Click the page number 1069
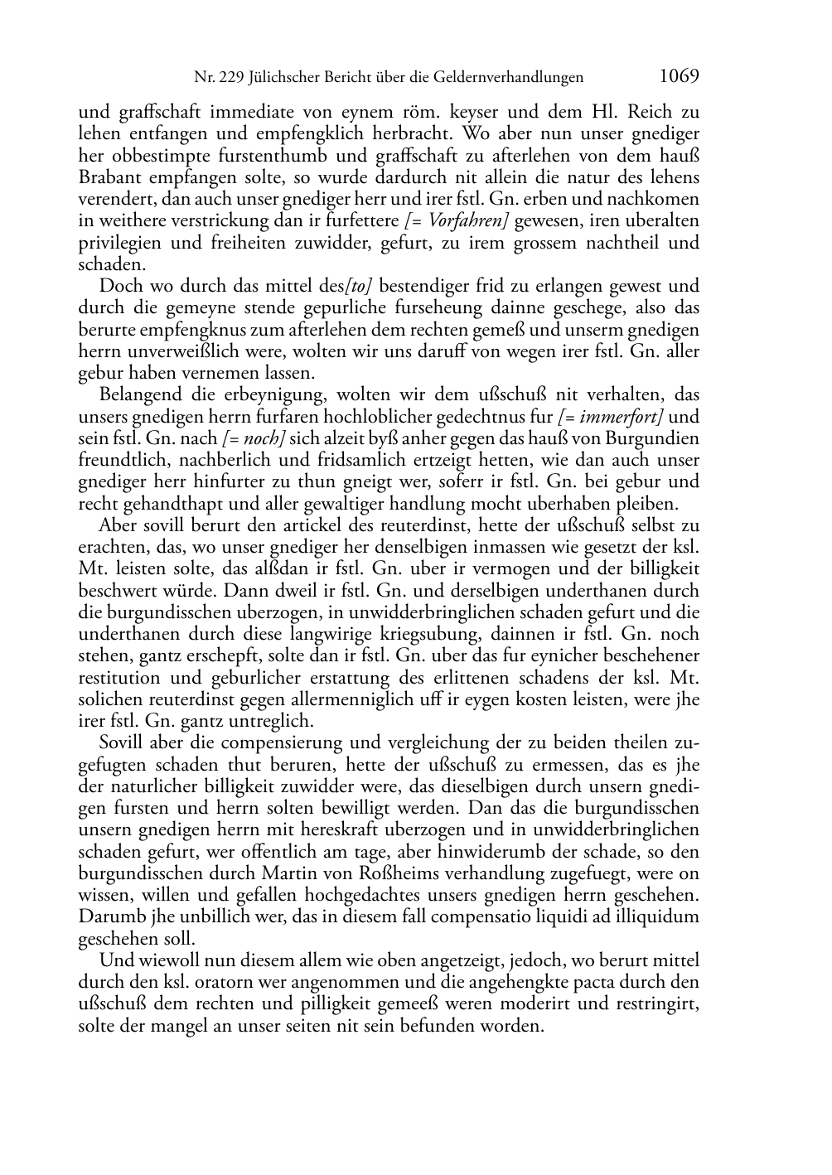click(x=680, y=76)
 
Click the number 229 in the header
click(x=233, y=78)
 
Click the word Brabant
click(x=111, y=177)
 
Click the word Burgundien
click(x=658, y=438)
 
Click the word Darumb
click(x=109, y=916)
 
